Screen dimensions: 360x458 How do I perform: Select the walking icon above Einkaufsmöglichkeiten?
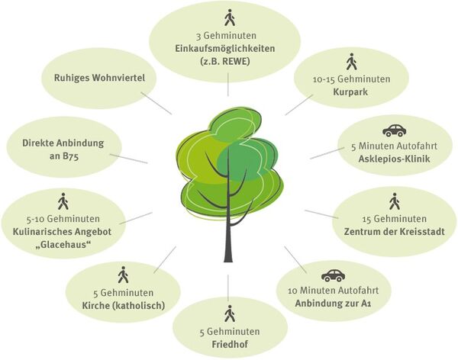pyautogui.click(x=229, y=18)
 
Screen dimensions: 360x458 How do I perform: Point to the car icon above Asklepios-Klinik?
pyautogui.click(x=394, y=130)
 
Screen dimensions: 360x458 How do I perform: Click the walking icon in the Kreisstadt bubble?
pyautogui.click(x=394, y=201)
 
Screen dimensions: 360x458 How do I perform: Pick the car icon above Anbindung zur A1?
pyautogui.click(x=333, y=275)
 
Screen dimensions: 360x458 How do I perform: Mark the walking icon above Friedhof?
pyautogui.click(x=229, y=313)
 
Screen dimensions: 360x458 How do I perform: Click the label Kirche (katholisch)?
pyautogui.click(x=123, y=306)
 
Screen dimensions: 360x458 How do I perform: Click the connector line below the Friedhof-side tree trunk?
pyautogui.click(x=227, y=285)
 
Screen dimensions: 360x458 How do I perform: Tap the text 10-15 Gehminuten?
pyautogui.click(x=352, y=79)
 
